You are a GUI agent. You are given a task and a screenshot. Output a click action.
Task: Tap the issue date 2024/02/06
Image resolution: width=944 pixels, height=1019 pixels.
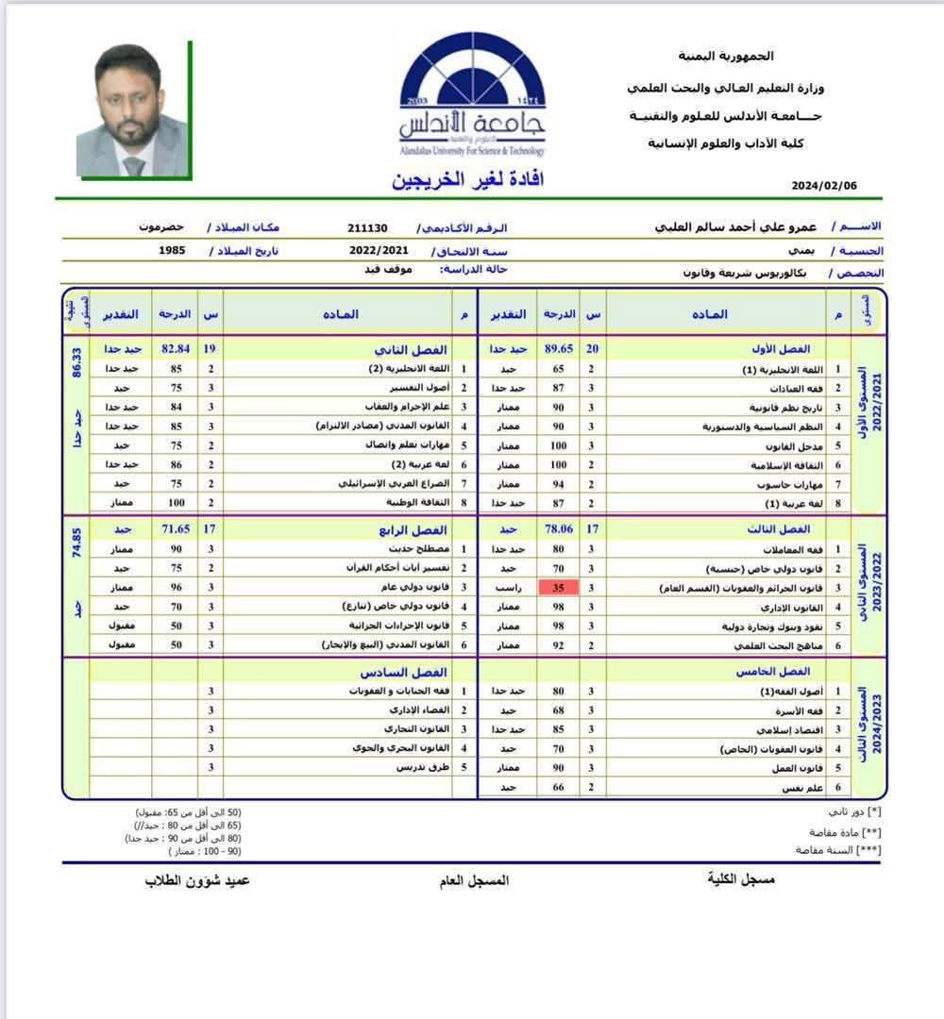824,186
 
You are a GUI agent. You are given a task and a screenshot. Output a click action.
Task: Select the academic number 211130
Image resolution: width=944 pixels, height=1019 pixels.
368,228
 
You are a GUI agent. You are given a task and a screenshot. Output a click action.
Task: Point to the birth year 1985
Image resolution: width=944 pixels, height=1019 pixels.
172,252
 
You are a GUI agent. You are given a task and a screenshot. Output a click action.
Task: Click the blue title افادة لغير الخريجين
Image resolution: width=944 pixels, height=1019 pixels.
468,179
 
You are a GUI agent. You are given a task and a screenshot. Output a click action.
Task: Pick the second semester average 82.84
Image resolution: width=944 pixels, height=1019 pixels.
176,349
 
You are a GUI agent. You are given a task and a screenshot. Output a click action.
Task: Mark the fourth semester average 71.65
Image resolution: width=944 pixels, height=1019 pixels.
176,530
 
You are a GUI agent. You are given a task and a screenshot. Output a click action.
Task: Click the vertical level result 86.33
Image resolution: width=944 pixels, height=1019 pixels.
77,360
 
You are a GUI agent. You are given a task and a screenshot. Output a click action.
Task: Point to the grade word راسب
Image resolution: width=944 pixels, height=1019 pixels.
510,588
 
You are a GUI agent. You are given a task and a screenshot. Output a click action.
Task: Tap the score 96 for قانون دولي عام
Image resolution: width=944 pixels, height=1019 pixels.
176,587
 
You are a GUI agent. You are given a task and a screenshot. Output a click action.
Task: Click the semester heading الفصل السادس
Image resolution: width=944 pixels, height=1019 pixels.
389,672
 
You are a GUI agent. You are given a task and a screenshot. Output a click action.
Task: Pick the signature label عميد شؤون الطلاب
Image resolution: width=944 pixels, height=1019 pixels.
197,880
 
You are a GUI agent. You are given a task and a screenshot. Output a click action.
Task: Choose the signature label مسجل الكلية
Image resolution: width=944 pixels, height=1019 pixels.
741,879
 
